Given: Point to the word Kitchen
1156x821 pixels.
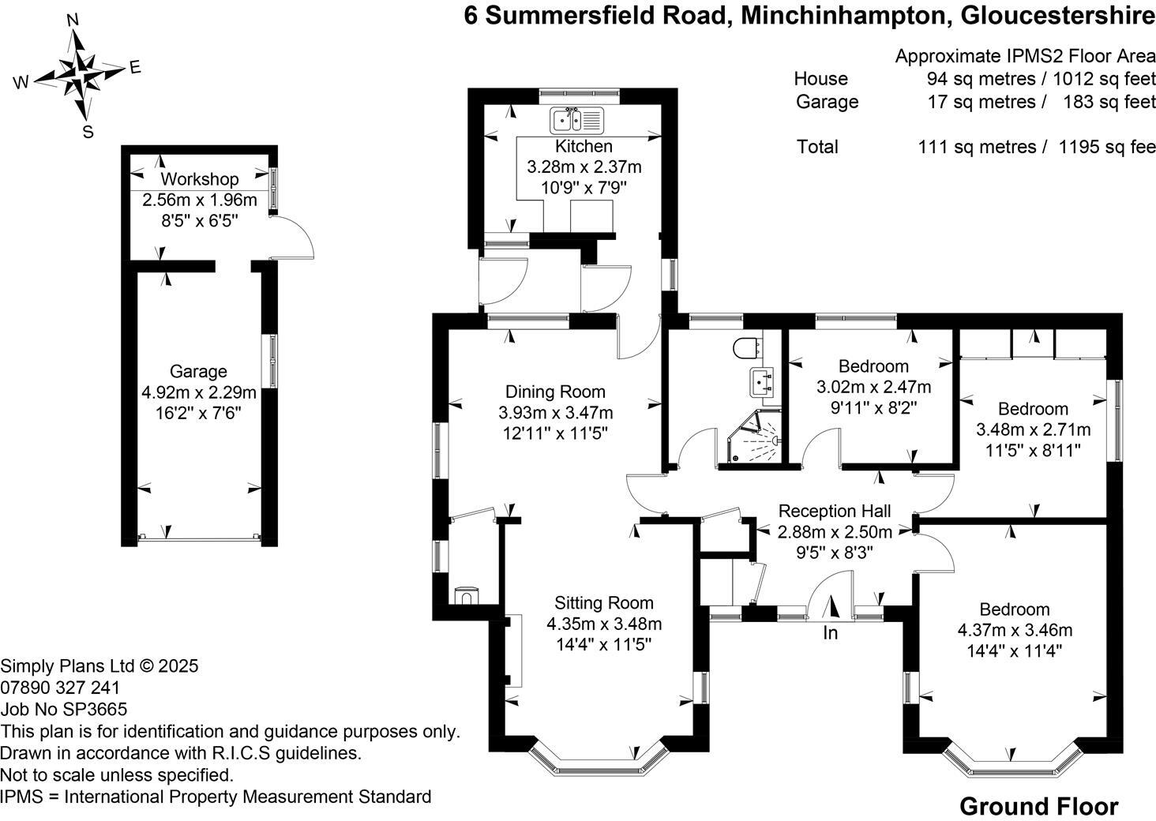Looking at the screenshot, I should [584, 146].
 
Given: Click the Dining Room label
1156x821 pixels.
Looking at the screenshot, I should [555, 392].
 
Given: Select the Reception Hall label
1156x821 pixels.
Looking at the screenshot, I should [835, 511].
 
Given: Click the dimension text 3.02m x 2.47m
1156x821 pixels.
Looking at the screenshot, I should [873, 387].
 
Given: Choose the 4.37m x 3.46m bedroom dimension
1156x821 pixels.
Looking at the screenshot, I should [1015, 630].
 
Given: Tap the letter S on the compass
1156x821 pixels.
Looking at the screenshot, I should [88, 132].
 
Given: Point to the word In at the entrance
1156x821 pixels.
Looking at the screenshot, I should [831, 633].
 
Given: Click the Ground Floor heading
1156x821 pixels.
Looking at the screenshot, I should [1038, 807].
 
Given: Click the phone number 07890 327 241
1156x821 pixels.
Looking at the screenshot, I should [61, 688].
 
